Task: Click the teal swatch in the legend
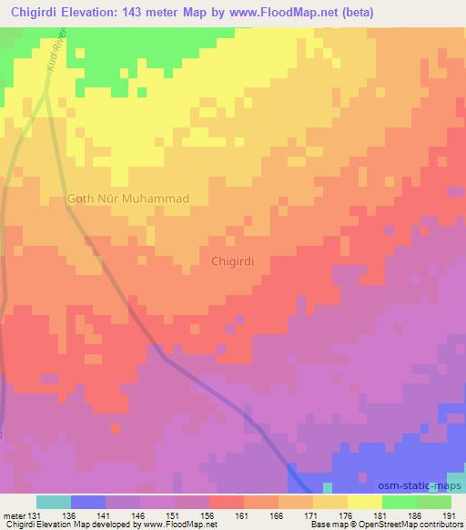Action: pyautogui.click(x=55, y=502)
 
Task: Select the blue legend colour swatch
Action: pyautogui.click(x=88, y=502)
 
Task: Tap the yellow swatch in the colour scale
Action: pyautogui.click(x=365, y=502)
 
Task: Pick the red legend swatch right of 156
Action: pyautogui.click(x=227, y=502)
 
